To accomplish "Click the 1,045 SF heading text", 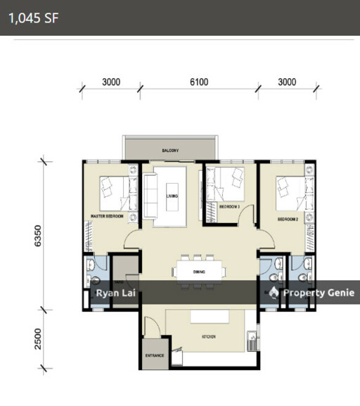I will [x=34, y=18].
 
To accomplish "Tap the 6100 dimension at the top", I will [x=199, y=82].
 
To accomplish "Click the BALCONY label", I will [x=169, y=151].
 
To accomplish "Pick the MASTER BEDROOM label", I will [x=107, y=217].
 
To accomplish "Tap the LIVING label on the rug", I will [x=171, y=196].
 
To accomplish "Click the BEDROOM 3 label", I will [x=229, y=208].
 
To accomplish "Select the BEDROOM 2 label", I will [x=289, y=220].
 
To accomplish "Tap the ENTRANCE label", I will [x=154, y=356].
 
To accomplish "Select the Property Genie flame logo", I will [x=276, y=293].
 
